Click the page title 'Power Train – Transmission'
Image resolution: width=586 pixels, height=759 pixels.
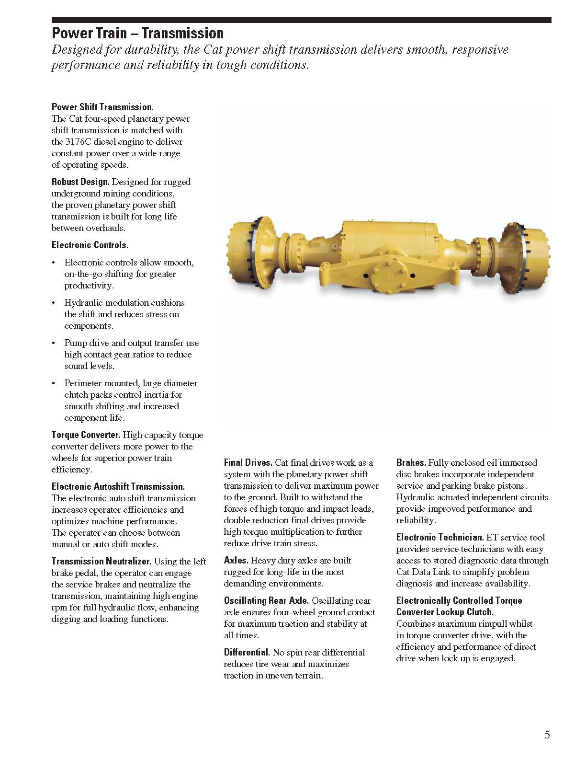click(x=137, y=33)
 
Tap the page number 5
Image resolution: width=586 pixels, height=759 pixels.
click(x=547, y=735)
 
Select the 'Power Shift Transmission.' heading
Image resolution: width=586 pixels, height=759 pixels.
click(x=102, y=107)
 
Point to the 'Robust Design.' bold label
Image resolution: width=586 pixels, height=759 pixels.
click(x=80, y=182)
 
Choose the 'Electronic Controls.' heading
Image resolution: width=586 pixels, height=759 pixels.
click(x=90, y=245)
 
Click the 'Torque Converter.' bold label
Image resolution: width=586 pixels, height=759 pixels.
click(x=86, y=435)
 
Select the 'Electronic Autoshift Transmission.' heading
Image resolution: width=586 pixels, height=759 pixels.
click(x=118, y=487)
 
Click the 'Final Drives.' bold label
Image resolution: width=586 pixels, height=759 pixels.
click(x=248, y=463)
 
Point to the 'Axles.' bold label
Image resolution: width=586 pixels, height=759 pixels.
click(x=236, y=561)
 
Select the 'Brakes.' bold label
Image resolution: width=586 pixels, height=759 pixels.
click(x=411, y=463)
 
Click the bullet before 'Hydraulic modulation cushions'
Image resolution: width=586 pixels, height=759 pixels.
click(x=54, y=303)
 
